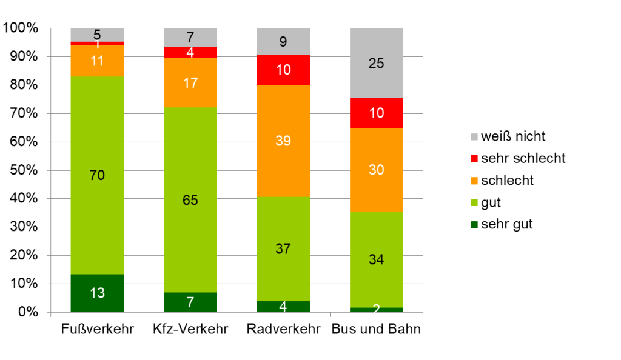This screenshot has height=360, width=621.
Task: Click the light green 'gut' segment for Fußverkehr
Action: tap(97, 152)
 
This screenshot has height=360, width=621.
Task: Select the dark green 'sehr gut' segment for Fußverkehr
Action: tap(97, 293)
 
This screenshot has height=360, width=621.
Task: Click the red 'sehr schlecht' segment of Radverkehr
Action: tap(283, 70)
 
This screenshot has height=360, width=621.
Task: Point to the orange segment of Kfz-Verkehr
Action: tap(190, 82)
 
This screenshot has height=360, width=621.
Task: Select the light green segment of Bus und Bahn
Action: tap(376, 242)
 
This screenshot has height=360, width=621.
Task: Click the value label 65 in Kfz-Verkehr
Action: tap(190, 200)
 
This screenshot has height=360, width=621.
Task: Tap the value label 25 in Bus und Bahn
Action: tap(377, 62)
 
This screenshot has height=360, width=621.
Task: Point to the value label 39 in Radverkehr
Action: tap(283, 141)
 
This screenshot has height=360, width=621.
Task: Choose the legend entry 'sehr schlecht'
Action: tap(523, 158)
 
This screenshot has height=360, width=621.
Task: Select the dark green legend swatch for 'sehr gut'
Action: tap(474, 224)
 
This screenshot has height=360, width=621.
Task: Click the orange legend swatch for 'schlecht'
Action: tap(474, 181)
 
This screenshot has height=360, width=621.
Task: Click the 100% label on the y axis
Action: tap(21, 28)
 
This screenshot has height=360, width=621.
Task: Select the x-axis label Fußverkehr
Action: tap(97, 330)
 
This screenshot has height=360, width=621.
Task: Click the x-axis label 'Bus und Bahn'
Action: tap(376, 330)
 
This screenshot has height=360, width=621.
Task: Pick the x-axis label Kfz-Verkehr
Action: tap(190, 330)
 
